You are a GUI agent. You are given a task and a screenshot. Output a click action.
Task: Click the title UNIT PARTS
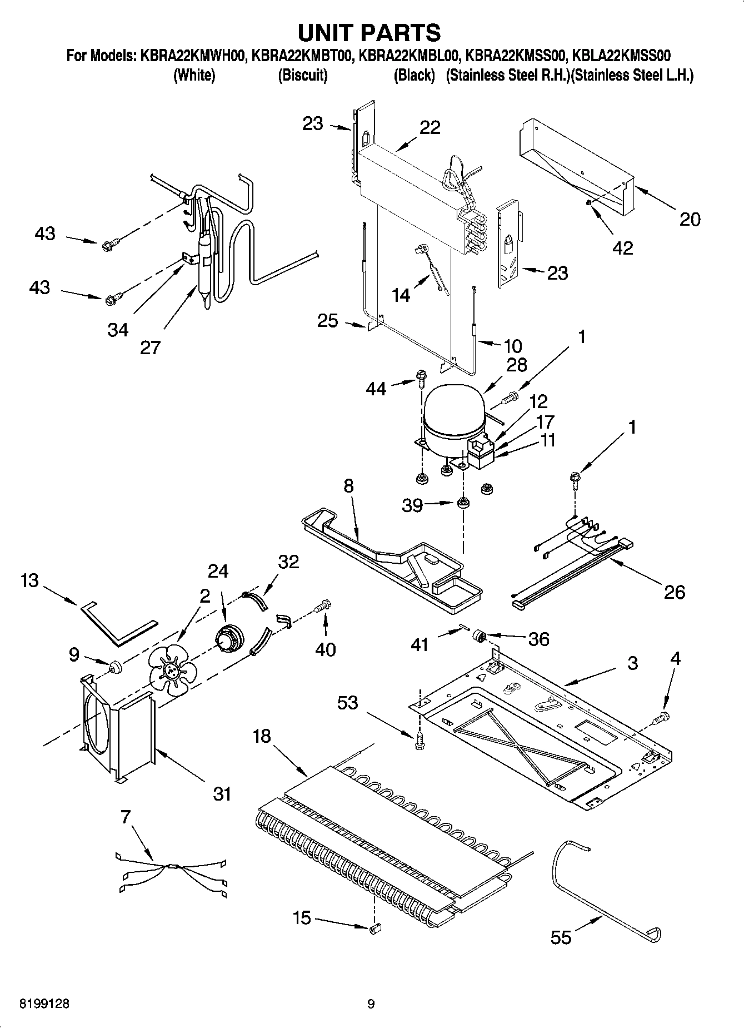pyautogui.click(x=369, y=33)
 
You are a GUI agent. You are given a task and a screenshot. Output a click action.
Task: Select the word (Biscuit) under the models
pyautogui.click(x=302, y=75)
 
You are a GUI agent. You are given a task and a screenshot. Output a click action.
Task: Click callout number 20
pyautogui.click(x=690, y=219)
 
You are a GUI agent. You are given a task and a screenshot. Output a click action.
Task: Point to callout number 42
pyautogui.click(x=622, y=248)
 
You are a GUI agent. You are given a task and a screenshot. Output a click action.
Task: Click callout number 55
pyautogui.click(x=561, y=937)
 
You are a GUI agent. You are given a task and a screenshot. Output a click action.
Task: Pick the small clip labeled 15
pyautogui.click(x=375, y=927)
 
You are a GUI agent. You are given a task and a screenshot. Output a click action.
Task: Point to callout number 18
pyautogui.click(x=261, y=736)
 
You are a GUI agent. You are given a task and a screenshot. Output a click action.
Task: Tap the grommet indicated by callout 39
pyautogui.click(x=462, y=504)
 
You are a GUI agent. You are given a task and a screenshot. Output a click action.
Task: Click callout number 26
pyautogui.click(x=675, y=592)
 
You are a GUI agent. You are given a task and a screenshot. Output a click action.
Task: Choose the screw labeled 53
pyautogui.click(x=420, y=739)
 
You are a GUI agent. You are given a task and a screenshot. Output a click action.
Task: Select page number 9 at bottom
pyautogui.click(x=371, y=1004)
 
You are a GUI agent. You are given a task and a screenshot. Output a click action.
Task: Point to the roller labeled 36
pyautogui.click(x=478, y=636)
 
